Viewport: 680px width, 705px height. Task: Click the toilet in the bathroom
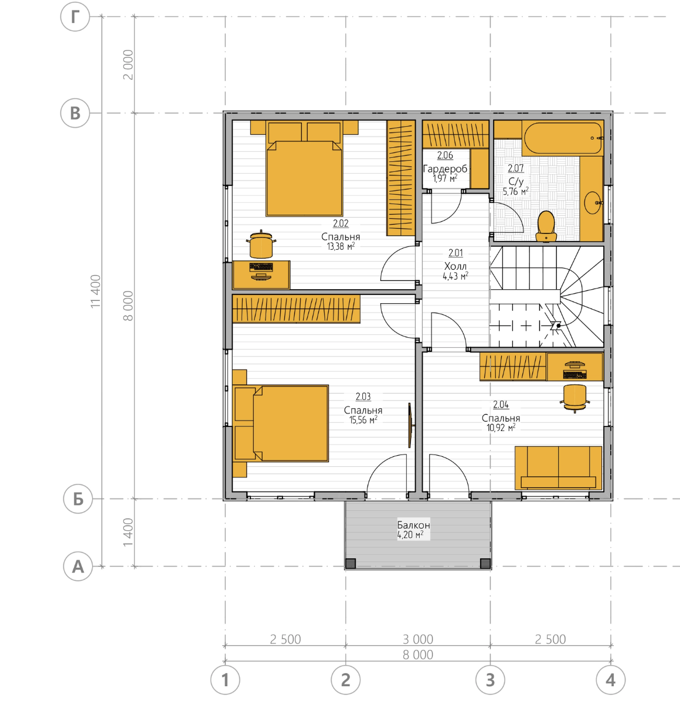pos(546,226)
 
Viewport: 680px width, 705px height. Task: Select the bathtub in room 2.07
pos(563,138)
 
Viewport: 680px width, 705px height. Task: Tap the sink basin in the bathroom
pos(593,203)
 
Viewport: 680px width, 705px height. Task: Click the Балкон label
pos(413,525)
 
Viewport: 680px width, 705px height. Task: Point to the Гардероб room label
pos(445,169)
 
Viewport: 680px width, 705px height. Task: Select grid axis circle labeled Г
pos(75,16)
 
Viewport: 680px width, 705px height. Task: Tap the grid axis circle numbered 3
pos(490,680)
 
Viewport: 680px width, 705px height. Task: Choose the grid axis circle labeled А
pos(78,566)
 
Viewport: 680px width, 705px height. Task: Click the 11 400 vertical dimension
pos(96,292)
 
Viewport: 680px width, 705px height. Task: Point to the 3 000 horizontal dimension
pos(418,639)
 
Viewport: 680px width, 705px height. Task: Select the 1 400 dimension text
pos(128,533)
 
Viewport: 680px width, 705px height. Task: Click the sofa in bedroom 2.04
pos(558,468)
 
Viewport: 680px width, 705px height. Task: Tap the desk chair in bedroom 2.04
pos(575,398)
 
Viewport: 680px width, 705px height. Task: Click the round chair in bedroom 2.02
pos(261,245)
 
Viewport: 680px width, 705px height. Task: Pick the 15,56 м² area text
pos(363,420)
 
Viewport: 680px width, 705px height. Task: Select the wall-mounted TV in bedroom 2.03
pos(410,425)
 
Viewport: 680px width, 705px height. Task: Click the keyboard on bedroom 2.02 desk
pos(261,267)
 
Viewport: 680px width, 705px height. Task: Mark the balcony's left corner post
pos(351,564)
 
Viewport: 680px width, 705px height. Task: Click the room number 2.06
pos(445,155)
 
